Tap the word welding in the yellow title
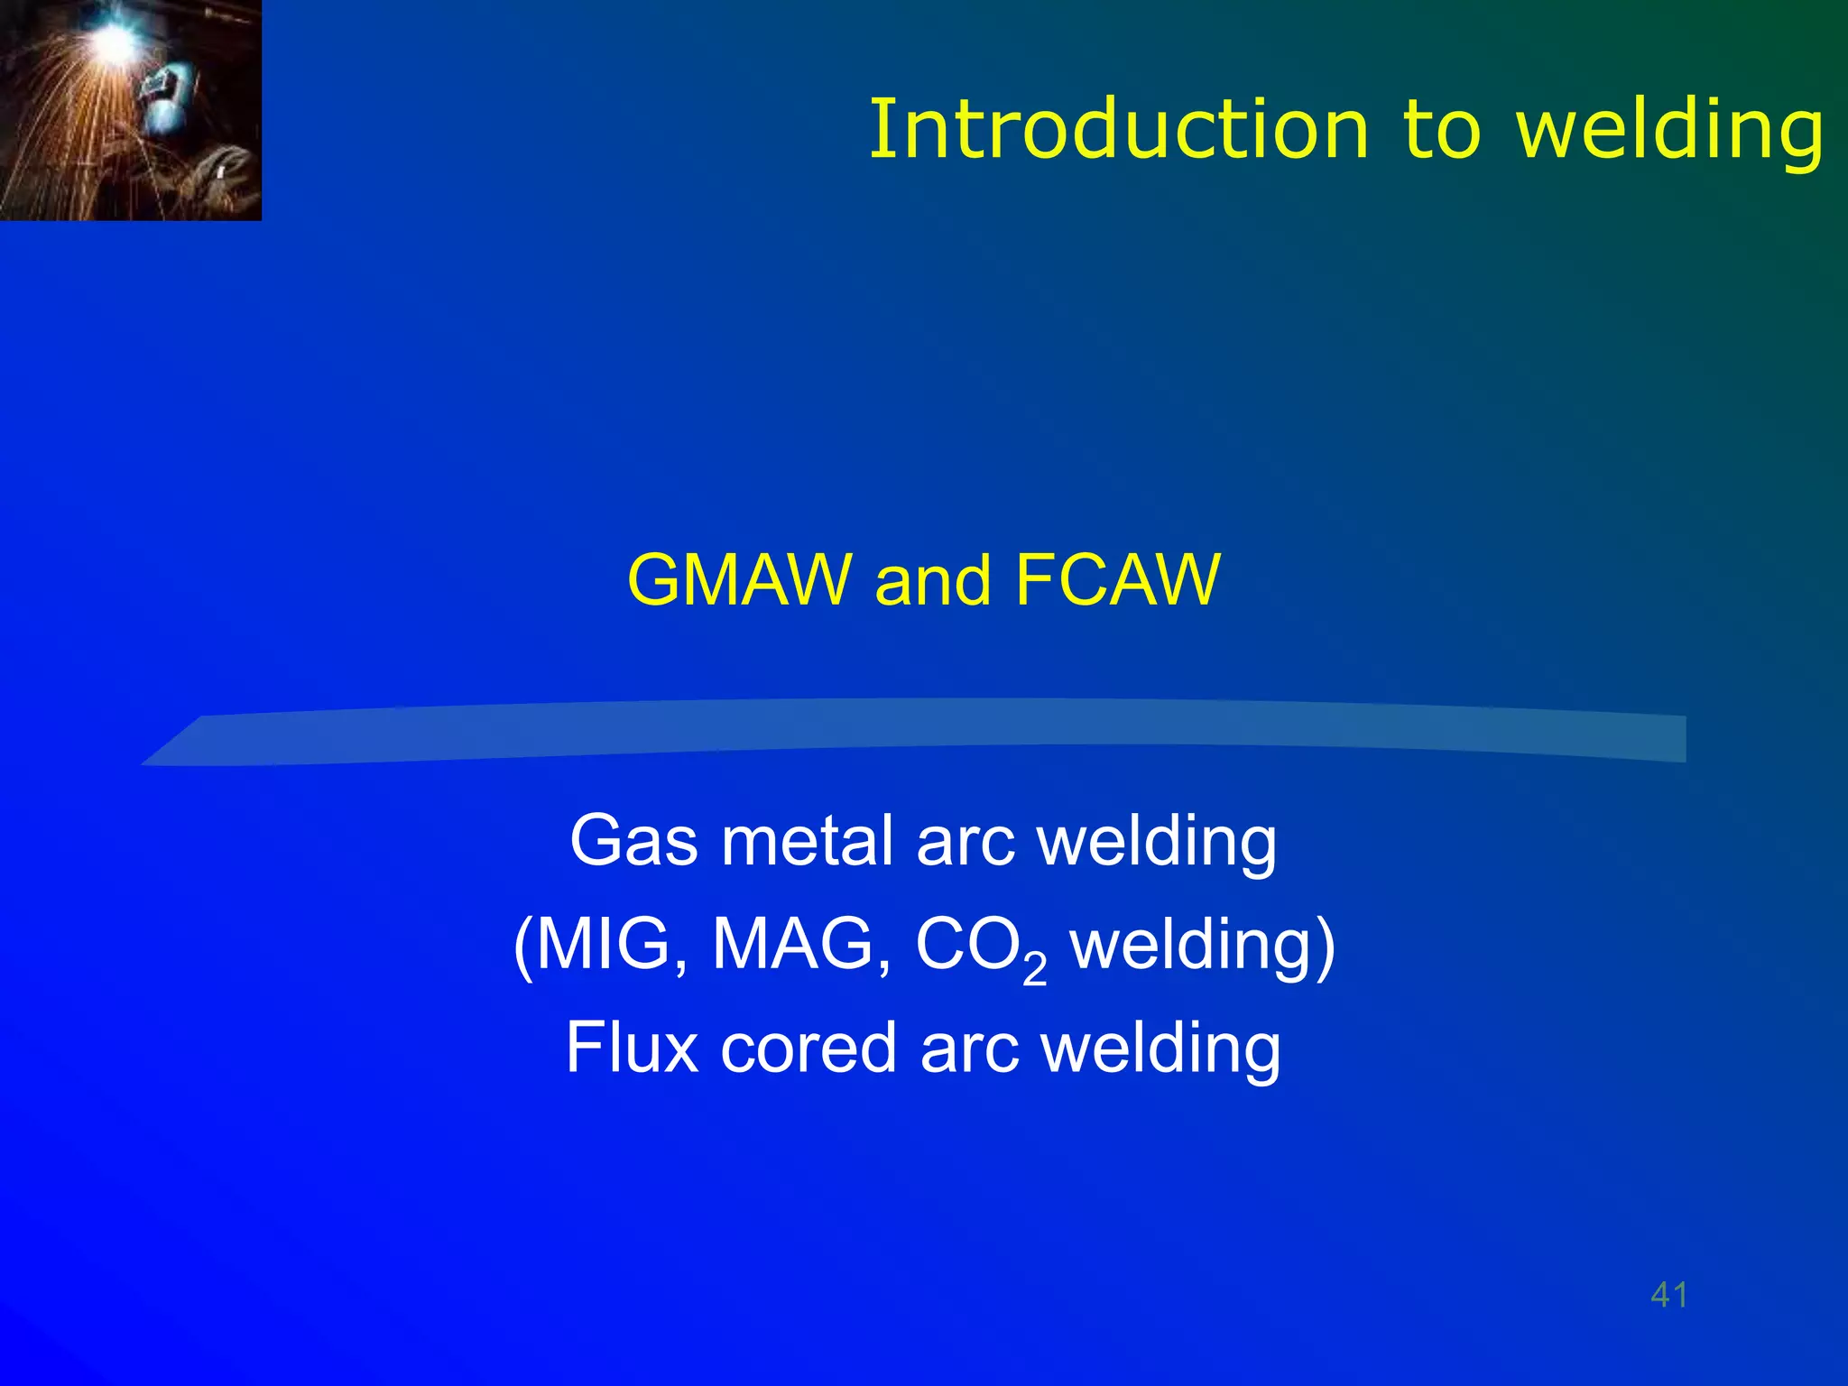tap(1669, 132)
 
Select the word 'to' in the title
tap(1441, 132)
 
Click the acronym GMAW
tap(739, 579)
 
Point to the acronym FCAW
tap(1116, 579)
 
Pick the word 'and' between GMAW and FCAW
tap(933, 581)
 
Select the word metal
tap(807, 841)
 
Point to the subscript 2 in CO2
tap(1035, 970)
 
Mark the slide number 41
tap(1668, 1295)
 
